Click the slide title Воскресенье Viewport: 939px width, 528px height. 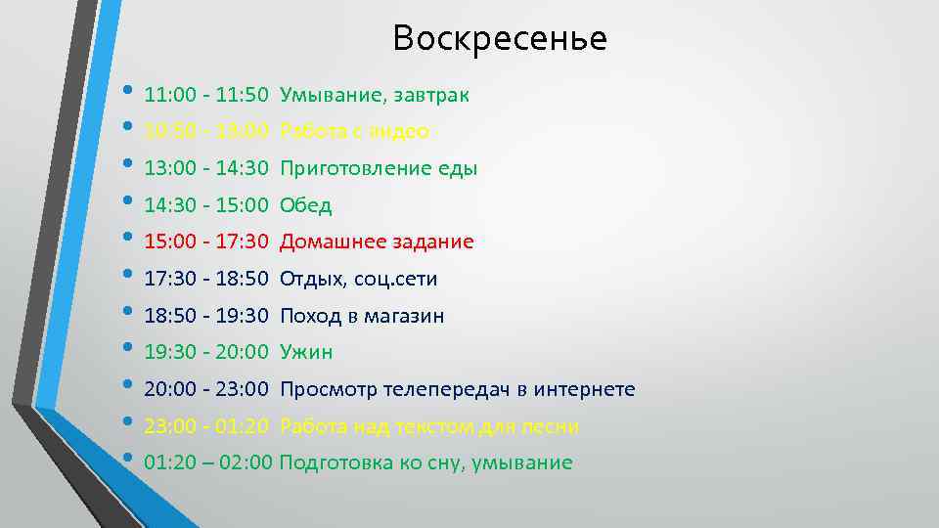tap(500, 39)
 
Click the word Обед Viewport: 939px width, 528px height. tap(305, 205)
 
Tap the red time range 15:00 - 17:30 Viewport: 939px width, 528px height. tap(205, 242)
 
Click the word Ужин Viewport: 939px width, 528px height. tap(306, 352)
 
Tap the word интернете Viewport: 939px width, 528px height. tap(583, 390)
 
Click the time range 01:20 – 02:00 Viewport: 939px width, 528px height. tap(207, 463)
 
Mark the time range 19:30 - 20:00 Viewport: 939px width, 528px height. tap(205, 352)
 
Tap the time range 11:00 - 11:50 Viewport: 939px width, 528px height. tap(205, 96)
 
